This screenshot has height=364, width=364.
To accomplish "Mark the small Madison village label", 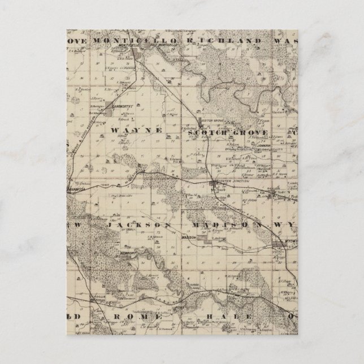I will click(188, 238).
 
